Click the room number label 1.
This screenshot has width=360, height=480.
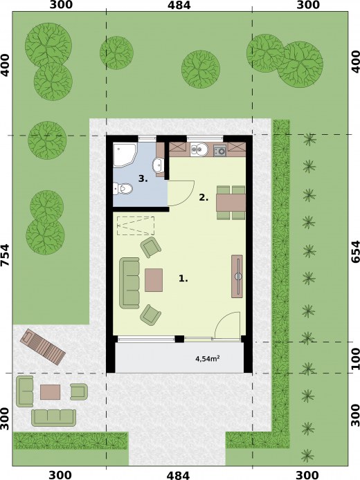pyautogui.click(x=183, y=279)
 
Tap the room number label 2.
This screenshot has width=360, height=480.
pyautogui.click(x=204, y=197)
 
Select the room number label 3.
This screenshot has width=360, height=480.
pyautogui.click(x=143, y=178)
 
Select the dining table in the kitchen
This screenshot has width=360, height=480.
pyautogui.click(x=230, y=202)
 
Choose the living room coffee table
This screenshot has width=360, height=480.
pyautogui.click(x=154, y=279)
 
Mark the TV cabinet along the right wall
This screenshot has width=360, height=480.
pyautogui.click(x=237, y=276)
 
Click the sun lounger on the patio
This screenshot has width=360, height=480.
pyautogui.click(x=44, y=347)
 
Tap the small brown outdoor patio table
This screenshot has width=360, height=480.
pyautogui.click(x=51, y=391)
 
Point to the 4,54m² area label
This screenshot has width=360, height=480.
pyautogui.click(x=208, y=359)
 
